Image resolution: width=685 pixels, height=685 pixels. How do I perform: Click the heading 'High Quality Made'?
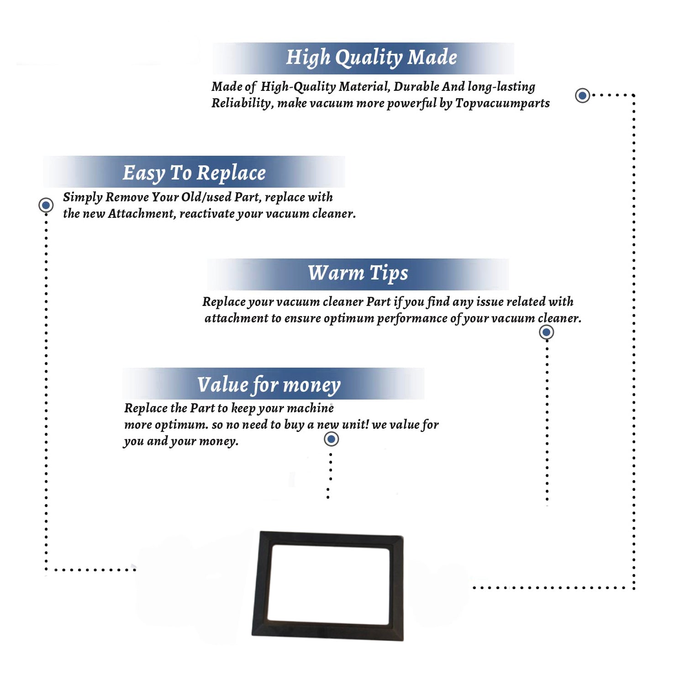pos(371,58)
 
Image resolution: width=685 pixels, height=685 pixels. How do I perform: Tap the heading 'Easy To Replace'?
pos(194,173)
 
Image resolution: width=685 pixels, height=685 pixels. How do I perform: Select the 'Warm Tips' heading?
pos(358,273)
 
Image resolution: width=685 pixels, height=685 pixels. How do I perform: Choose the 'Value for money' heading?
pos(269,385)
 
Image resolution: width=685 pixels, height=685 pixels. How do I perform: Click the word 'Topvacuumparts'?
pos(502,104)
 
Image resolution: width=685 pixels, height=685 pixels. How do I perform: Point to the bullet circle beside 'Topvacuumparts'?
pos(582,95)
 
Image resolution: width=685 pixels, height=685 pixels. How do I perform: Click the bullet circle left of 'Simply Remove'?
pos(46,205)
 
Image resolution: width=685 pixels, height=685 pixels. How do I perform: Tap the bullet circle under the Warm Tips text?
pos(546,332)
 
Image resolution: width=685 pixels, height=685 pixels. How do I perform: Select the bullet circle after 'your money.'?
pos(331,439)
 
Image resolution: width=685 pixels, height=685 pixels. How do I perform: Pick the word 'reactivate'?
pos(206,214)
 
